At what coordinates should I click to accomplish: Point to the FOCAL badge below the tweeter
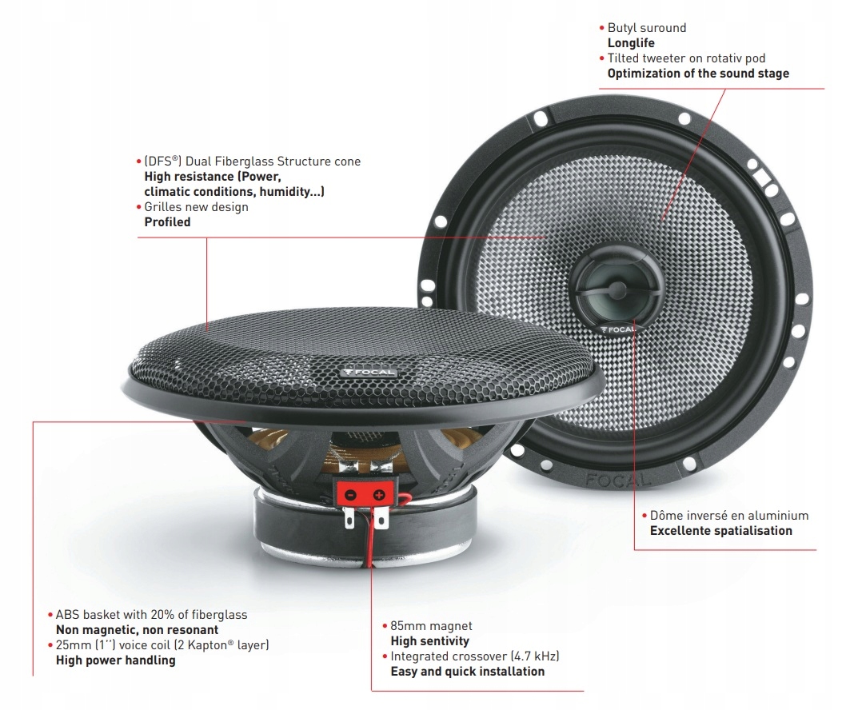pyautogui.click(x=617, y=329)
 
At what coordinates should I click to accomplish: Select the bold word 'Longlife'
pyautogui.click(x=631, y=43)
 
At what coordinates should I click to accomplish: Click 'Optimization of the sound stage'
pyautogui.click(x=698, y=74)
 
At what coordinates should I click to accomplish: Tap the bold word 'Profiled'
pyautogui.click(x=167, y=222)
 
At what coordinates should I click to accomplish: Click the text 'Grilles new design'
pyautogui.click(x=196, y=207)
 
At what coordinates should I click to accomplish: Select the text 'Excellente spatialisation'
pyautogui.click(x=720, y=531)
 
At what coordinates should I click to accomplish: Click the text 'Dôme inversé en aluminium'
pyautogui.click(x=728, y=516)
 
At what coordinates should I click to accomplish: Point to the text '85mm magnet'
pyautogui.click(x=431, y=625)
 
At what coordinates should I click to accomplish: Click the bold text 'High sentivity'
pyautogui.click(x=429, y=640)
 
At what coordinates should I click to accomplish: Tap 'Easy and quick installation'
pyautogui.click(x=467, y=672)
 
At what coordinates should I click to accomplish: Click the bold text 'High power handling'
pyautogui.click(x=115, y=660)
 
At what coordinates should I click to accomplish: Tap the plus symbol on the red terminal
pyautogui.click(x=378, y=496)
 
